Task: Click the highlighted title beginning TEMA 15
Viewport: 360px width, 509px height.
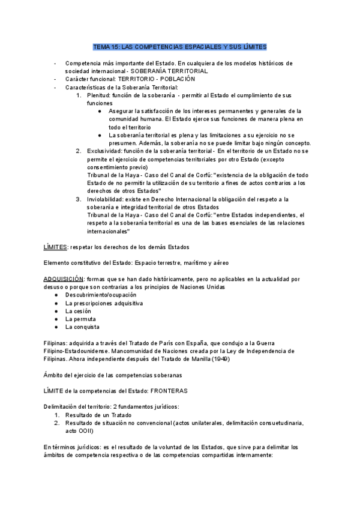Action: pyautogui.click(x=179, y=46)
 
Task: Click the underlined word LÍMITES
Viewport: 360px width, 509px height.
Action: pyautogui.click(x=55, y=247)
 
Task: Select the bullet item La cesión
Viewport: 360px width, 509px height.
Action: pyautogui.click(x=79, y=312)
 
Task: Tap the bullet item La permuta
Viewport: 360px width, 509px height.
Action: pyautogui.click(x=80, y=319)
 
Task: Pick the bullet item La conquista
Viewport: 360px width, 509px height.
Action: pyautogui.click(x=82, y=327)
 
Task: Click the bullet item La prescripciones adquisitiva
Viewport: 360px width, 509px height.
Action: pyautogui.click(x=104, y=303)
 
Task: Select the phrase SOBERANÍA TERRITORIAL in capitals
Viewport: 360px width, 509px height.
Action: pyautogui.click(x=173, y=71)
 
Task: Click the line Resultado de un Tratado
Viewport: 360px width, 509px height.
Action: pyautogui.click(x=98, y=415)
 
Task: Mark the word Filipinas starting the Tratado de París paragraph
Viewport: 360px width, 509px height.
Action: pyautogui.click(x=56, y=343)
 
